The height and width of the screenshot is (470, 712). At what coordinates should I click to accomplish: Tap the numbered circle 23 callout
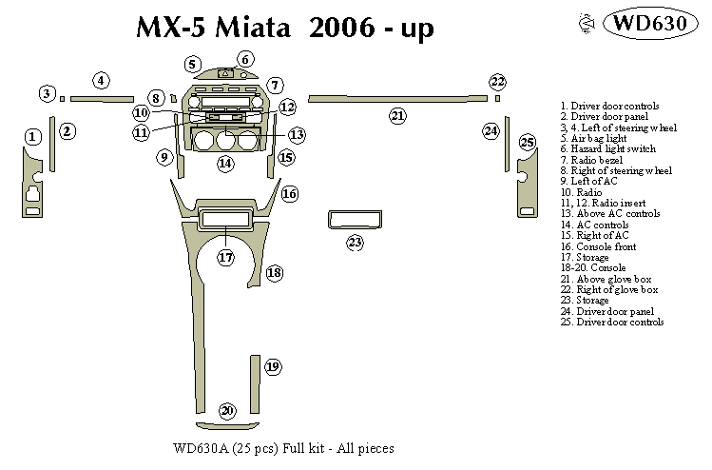coord(355,243)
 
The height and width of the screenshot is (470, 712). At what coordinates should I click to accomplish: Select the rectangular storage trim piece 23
coord(354,220)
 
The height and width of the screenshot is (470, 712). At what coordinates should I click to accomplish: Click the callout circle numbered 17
coord(225,257)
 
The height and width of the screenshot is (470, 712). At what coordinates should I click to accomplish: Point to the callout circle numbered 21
coord(397,116)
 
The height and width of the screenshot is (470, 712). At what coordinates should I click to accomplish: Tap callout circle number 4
coord(101,81)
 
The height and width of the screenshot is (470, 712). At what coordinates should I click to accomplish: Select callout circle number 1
coord(31,138)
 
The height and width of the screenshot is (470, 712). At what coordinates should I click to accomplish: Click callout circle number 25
coord(528,143)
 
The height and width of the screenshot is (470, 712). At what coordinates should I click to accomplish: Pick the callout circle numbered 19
coord(273,366)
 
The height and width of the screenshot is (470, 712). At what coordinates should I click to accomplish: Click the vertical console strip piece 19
coord(256,385)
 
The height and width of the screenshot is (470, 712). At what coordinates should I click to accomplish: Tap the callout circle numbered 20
coord(226,411)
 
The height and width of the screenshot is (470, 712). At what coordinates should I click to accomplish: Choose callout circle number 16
coord(289,193)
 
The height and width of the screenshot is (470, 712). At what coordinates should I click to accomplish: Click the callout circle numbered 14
coord(225,164)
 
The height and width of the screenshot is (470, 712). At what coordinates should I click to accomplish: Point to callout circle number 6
coord(244,61)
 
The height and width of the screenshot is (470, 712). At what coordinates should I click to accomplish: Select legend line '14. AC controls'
coord(601,225)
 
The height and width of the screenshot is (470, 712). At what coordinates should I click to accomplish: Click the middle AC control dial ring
coord(224,142)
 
